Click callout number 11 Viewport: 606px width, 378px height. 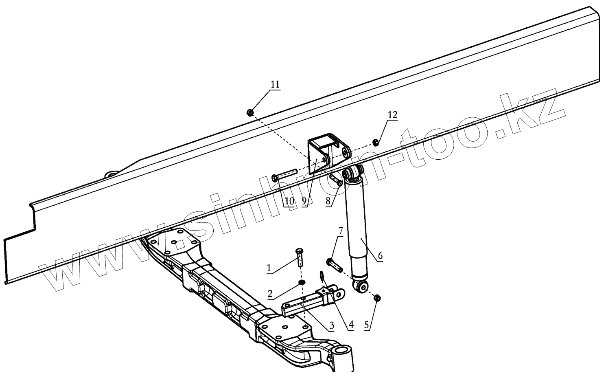coord(275,85)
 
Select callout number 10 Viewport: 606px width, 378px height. coord(289,201)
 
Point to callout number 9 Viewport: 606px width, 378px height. coord(304,201)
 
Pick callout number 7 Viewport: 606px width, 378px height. coord(341,231)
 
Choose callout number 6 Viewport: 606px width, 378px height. coord(380,256)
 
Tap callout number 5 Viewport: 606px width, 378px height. coord(367,325)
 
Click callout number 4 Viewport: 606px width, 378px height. coord(350,325)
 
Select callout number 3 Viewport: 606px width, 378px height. coord(331,325)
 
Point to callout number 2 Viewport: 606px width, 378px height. coord(270,293)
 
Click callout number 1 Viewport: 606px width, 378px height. coord(269,268)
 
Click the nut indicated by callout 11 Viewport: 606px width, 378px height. coord(250,112)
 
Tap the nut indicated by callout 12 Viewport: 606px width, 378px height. coord(376,142)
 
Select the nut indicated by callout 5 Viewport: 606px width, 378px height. coord(376,298)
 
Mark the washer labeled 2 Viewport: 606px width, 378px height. coord(302,283)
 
